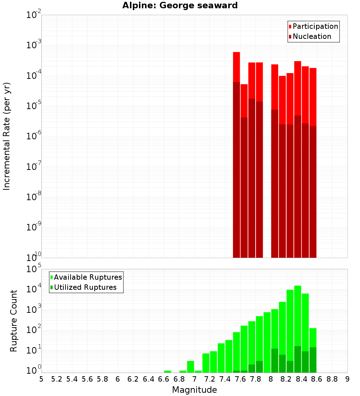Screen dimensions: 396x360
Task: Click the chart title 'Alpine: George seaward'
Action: [180, 5]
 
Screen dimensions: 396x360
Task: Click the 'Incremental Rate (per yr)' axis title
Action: [6, 136]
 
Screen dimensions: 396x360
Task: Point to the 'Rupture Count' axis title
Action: [14, 320]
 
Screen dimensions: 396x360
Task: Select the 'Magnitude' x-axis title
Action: [194, 390]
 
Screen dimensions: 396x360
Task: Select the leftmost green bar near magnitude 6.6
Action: [167, 372]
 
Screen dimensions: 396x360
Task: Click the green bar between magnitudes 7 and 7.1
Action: [198, 372]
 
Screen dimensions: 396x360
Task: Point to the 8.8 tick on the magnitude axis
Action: [332, 379]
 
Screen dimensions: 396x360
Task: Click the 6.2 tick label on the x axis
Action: [133, 379]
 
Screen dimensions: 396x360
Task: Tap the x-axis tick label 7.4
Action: [225, 379]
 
